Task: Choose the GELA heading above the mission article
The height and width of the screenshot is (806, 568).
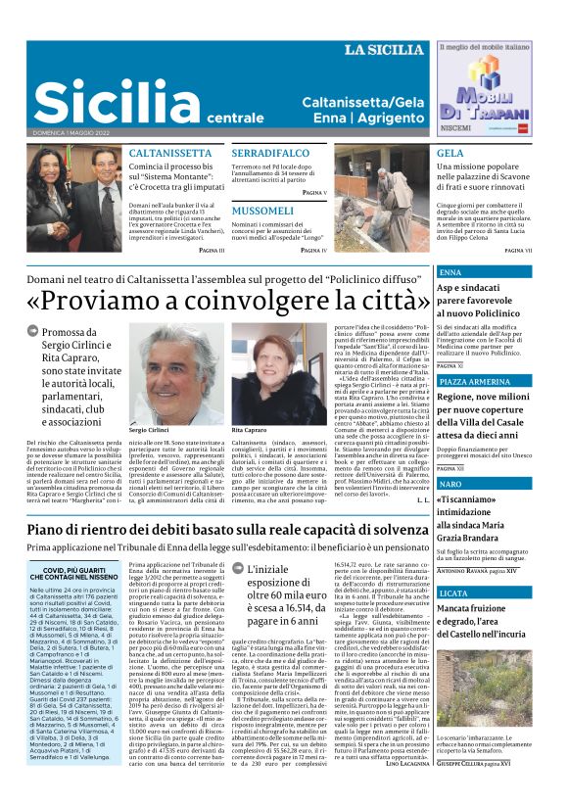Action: pos(450,154)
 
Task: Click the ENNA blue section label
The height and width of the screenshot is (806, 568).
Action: pos(451,272)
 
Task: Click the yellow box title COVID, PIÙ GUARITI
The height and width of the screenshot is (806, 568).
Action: pos(68,574)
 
